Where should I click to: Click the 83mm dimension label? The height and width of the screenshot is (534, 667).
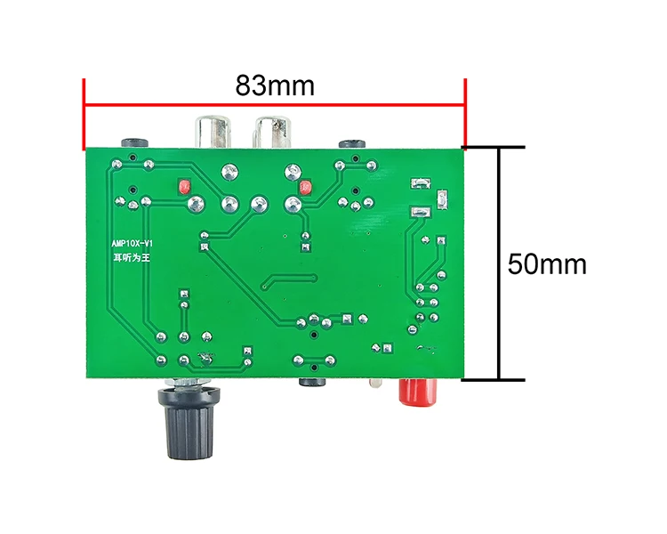pos(275,86)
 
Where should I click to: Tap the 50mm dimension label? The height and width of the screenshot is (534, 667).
pos(547,264)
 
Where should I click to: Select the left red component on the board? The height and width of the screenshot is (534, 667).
pos(185,187)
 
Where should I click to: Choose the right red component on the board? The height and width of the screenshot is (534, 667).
pos(306,188)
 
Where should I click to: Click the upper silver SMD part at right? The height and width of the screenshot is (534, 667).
pos(418,184)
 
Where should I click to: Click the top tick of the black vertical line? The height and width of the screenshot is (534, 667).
pos(500,147)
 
